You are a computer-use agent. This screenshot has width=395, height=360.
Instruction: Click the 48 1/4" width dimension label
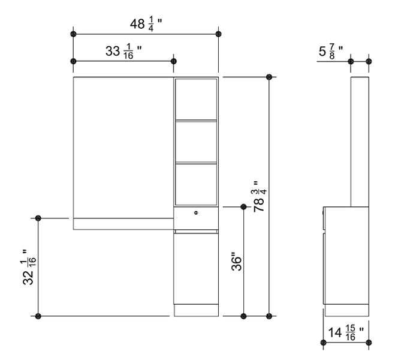coord(146,24)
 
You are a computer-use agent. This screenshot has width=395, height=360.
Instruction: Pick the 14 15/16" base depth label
coord(346,331)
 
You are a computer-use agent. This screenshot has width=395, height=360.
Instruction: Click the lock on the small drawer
coord(196,213)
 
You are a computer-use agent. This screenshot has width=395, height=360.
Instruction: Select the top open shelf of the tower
coord(195,99)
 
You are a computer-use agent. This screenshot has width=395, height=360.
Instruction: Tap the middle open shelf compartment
coord(195,142)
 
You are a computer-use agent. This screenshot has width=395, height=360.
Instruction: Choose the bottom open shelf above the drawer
coord(195,184)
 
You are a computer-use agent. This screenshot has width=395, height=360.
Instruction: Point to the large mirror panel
coord(123,147)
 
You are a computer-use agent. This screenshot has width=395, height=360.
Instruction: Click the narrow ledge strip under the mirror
coord(123,224)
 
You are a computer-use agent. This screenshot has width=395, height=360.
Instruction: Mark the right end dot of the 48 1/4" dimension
coord(218,33)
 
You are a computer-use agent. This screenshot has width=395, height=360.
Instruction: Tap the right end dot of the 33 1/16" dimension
coord(174,61)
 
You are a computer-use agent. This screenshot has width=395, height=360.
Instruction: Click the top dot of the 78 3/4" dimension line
coord(269,77)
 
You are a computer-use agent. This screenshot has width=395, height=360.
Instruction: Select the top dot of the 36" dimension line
coord(243,207)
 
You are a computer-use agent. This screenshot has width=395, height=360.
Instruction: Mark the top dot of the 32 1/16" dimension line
coord(38,217)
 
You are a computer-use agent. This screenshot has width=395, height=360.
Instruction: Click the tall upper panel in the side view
coord(359,141)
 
